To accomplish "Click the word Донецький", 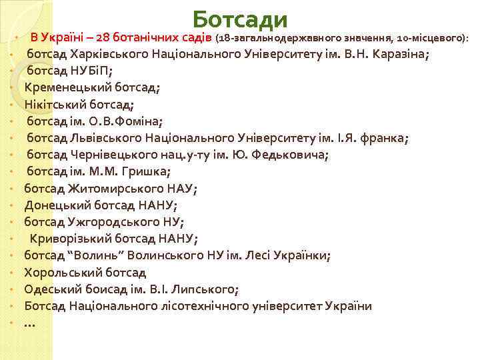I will (x=56, y=205).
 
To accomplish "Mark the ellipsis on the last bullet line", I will (x=29, y=323).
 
